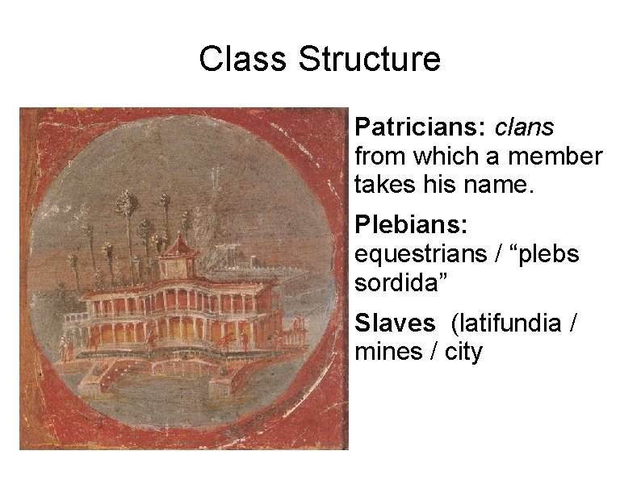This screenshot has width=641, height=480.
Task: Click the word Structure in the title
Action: point(369,60)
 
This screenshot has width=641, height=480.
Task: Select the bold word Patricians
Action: point(419,127)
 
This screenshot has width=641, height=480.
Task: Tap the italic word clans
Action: point(524,127)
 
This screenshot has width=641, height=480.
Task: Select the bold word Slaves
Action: point(395,323)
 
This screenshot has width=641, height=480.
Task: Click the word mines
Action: point(385,353)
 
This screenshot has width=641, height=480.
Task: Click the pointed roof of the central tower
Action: point(175,241)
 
